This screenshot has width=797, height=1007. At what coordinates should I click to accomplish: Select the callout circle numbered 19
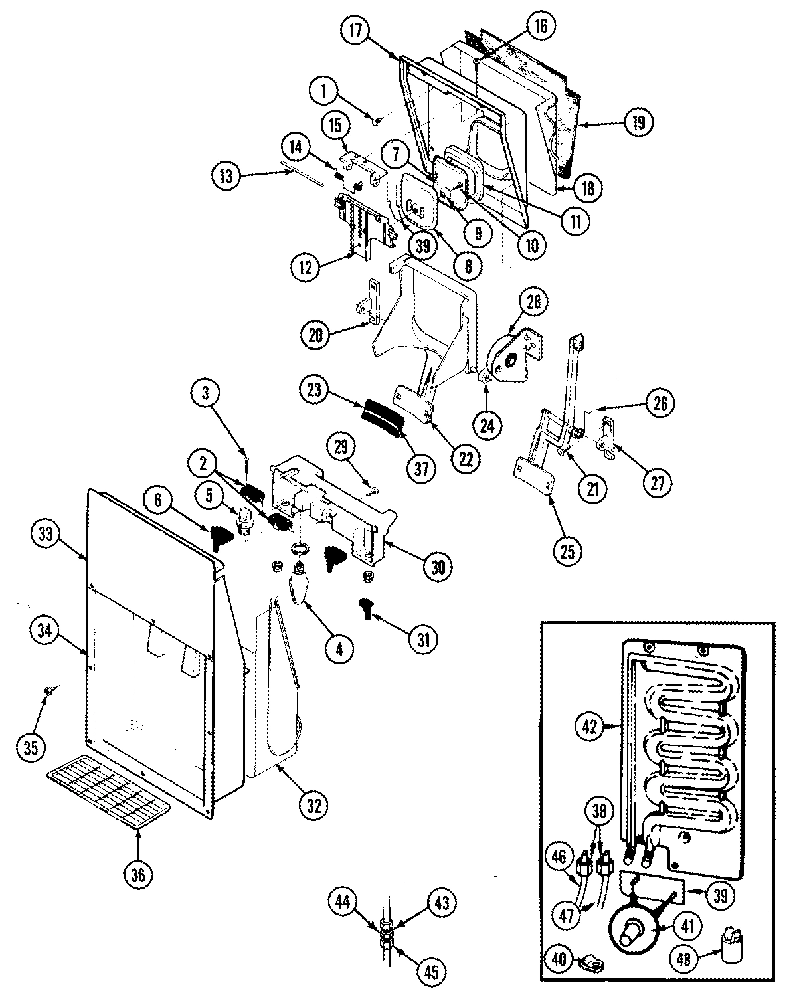(639, 124)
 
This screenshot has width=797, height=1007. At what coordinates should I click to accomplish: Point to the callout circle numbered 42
(589, 726)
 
